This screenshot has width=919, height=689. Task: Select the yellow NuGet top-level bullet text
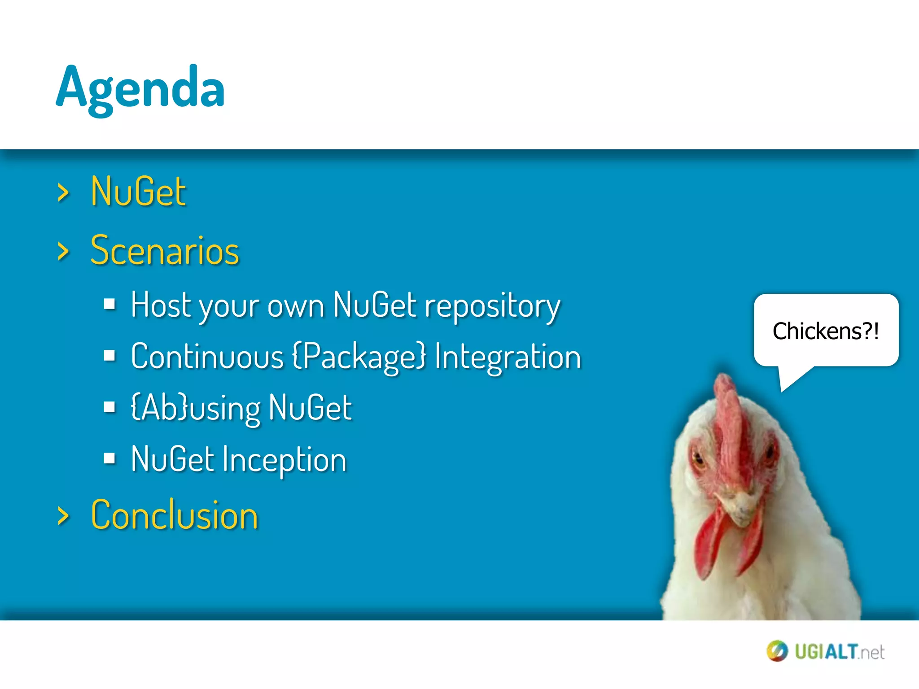click(138, 192)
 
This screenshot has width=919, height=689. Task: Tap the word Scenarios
click(165, 251)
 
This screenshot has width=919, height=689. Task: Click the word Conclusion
click(175, 515)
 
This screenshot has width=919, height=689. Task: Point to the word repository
click(492, 306)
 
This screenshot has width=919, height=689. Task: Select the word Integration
click(508, 357)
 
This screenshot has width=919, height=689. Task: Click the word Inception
click(284, 460)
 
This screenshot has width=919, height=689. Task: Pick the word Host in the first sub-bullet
click(161, 305)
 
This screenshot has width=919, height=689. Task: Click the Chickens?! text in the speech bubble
click(825, 331)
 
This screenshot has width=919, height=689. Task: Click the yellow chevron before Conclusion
click(63, 516)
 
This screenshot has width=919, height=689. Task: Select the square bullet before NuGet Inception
click(109, 458)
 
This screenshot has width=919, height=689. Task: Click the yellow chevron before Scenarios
click(63, 251)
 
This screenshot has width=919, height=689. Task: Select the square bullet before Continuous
click(109, 356)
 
